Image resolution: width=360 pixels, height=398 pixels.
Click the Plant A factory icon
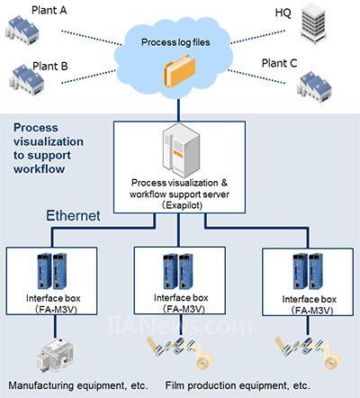[22, 31]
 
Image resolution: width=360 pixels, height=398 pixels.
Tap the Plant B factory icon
[27, 80]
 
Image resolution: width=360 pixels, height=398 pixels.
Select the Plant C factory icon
[314, 86]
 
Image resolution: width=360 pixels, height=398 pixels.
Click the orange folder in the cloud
[179, 71]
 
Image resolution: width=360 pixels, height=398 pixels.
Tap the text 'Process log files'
[175, 42]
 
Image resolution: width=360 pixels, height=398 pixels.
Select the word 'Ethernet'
[73, 215]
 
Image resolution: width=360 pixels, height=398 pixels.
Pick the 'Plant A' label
[49, 10]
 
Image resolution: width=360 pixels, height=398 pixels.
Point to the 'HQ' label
[283, 13]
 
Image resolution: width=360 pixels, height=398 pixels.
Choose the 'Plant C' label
[279, 63]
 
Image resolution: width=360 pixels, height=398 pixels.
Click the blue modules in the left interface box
[52, 271]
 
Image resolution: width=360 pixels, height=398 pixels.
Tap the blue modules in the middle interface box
[178, 272]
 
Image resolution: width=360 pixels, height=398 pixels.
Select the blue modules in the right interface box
[308, 271]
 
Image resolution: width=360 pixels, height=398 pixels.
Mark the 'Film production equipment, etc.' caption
[238, 385]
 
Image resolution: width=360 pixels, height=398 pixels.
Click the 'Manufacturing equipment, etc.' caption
[78, 385]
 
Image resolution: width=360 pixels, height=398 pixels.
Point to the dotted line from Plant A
[91, 38]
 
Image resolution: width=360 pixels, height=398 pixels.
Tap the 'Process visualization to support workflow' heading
[49, 149]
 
